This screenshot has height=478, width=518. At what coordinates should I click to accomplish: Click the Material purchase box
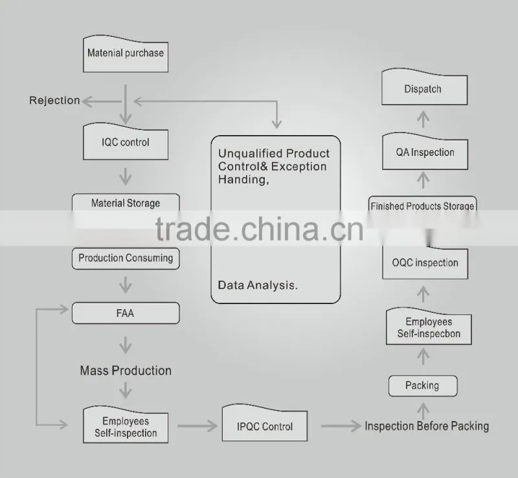coord(126,54)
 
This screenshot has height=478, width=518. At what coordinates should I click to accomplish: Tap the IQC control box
coord(126,142)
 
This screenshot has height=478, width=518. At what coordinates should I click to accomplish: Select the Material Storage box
coord(126,202)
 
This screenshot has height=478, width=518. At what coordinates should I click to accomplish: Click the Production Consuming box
coord(126,258)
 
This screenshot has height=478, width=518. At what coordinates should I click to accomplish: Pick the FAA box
coord(126,313)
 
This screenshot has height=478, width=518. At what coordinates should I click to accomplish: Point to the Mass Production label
coord(126,371)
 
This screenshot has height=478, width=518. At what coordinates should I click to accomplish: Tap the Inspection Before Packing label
coord(427,426)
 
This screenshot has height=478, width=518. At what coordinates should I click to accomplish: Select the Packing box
coord(423,386)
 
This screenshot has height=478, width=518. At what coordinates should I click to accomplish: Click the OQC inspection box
coord(425,263)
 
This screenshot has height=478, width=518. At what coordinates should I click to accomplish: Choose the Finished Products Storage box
coord(423,204)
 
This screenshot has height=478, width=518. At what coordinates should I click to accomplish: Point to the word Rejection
coord(54,100)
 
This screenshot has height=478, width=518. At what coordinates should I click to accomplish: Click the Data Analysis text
coord(258,285)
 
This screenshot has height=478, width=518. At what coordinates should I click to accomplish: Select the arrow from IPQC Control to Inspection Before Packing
coord(341,426)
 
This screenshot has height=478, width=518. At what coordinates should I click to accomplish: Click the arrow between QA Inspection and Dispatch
coord(423,119)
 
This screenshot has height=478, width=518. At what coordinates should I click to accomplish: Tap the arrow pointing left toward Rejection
coord(102,102)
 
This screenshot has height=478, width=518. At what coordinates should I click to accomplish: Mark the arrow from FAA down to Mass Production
coord(126,345)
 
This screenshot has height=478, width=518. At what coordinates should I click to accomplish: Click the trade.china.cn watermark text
coord(260,229)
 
